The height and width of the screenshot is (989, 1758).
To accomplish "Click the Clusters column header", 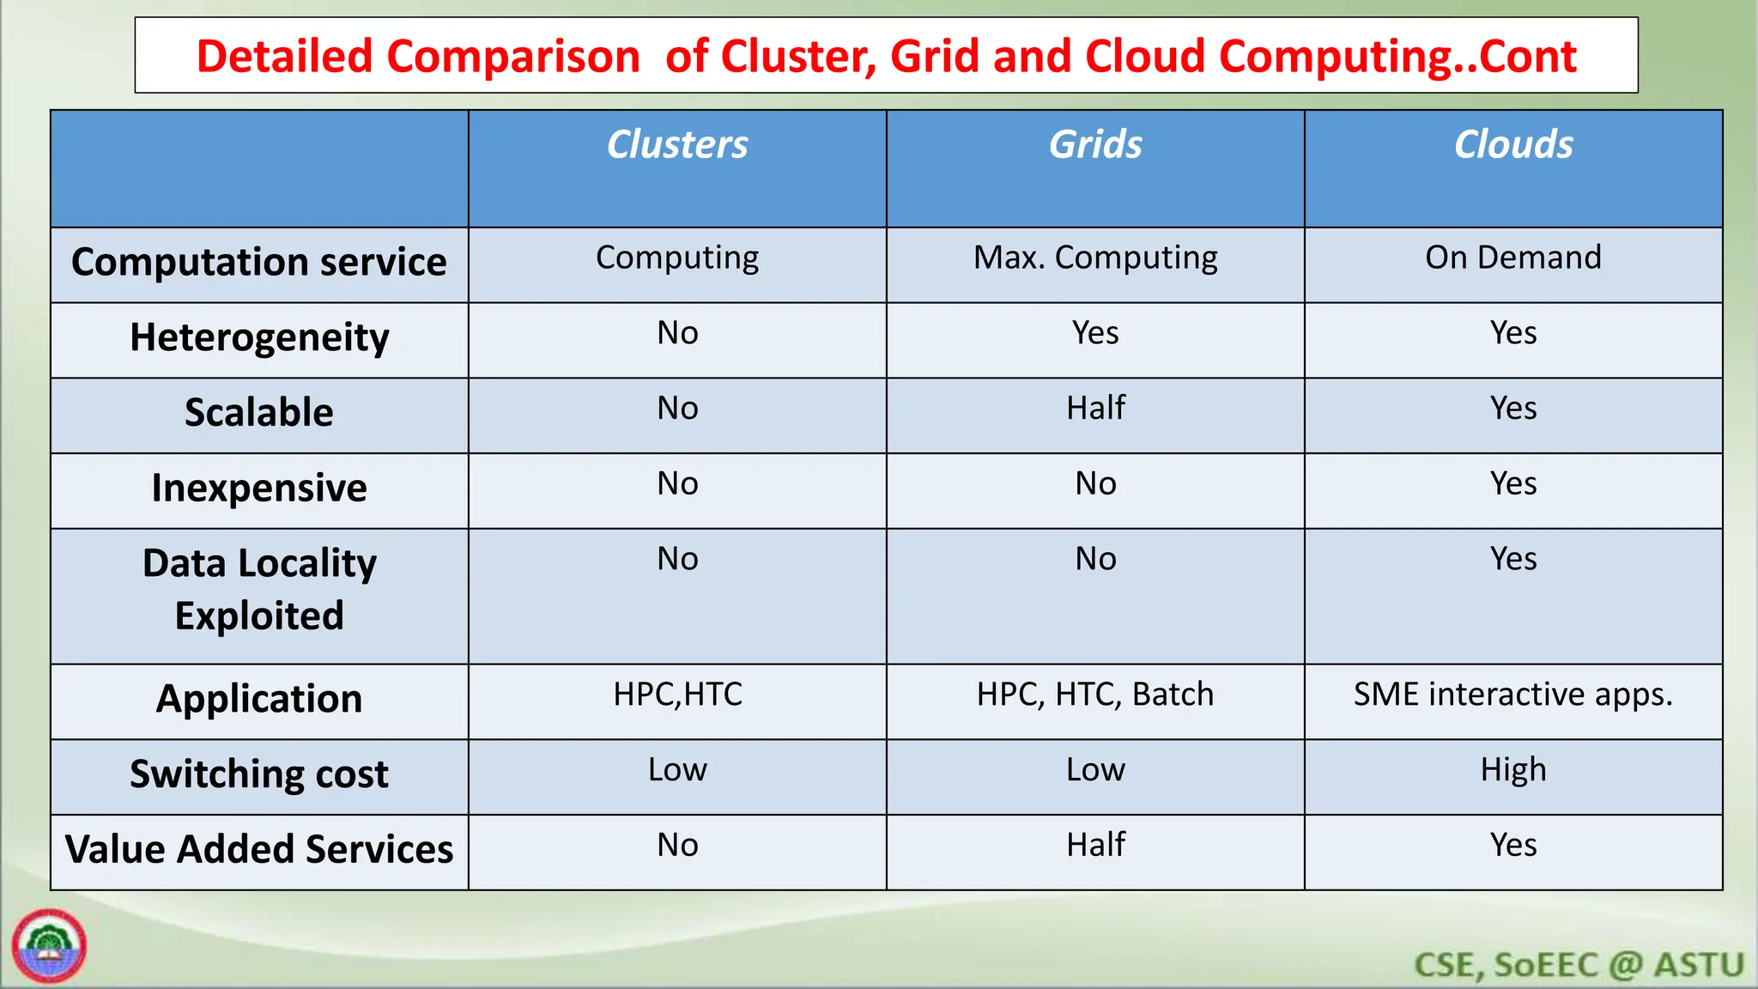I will coord(677,144).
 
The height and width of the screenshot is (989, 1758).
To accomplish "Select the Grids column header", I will coord(1095,144).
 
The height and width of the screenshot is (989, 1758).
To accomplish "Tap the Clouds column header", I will coord(1513,144).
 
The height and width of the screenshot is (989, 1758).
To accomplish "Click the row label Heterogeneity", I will coord(259,337).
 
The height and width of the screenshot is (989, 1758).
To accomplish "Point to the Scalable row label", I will coord(259,413).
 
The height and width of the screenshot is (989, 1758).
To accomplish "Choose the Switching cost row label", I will coord(259,774).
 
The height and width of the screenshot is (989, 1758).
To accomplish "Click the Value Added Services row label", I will coord(259,850).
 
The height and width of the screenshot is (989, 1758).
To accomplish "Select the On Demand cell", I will coord(1513,258).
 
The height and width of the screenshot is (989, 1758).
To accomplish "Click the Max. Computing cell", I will coord(1095,258).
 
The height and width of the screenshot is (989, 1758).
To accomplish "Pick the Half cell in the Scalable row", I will coord(1095,408).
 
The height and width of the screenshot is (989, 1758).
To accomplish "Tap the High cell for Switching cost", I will coord(1513,770).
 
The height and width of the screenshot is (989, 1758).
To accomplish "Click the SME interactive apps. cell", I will coord(1513,695).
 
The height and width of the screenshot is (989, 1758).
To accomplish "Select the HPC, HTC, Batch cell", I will coord(1095,695).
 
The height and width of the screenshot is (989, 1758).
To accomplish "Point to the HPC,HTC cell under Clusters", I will coord(677,695).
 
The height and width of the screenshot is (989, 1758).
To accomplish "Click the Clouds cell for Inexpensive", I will coord(1513,483).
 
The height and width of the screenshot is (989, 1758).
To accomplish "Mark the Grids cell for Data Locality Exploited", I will coord(1095,559).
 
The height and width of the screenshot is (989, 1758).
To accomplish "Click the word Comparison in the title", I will coord(512,57).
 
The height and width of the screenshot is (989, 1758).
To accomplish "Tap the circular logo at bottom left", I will coord(50,946).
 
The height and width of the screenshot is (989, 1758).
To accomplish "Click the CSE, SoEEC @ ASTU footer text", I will coord(1579,965).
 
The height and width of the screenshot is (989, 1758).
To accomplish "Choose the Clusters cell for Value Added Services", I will coord(677,846).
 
